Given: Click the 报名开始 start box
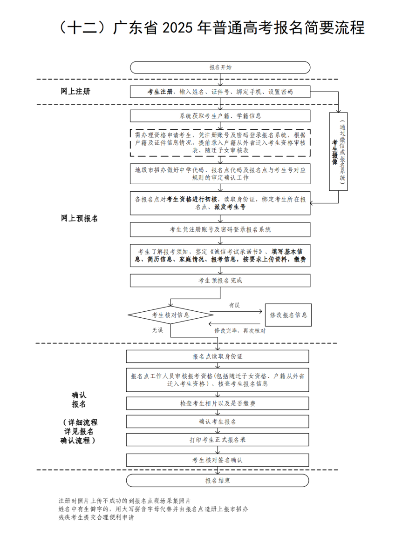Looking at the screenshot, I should click(220, 67).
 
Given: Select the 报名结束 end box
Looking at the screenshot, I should click(217, 481).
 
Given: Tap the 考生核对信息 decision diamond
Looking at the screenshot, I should click(170, 315).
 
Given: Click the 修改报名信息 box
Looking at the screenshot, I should click(288, 315).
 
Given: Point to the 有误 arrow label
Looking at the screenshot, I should click(234, 305).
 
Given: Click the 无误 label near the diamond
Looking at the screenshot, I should click(157, 330).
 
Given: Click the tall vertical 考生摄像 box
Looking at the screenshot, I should click(338, 152).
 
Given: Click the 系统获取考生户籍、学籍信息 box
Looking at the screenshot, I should click(220, 116).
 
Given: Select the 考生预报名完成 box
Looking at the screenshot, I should click(220, 281).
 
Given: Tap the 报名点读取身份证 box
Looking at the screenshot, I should click(217, 356).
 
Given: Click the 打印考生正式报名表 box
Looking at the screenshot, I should click(217, 440).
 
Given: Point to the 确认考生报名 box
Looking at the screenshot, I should click(217, 422).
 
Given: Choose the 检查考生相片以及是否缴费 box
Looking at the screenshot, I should click(217, 403).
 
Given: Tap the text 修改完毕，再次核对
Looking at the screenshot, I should click(240, 331).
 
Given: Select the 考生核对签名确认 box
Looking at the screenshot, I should click(217, 460).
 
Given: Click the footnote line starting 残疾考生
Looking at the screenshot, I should click(96, 517).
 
